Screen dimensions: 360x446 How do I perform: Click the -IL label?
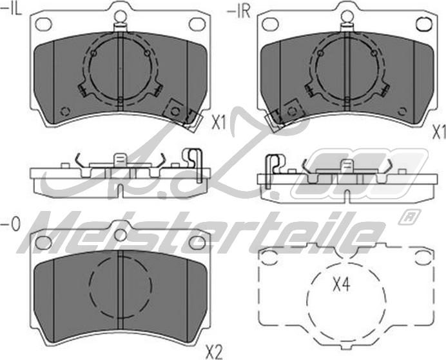(x=12, y=9)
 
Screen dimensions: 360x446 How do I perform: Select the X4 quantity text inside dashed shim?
(x=343, y=285)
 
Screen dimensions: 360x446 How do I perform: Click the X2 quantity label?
(x=213, y=352)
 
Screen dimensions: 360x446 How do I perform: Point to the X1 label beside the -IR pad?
(x=438, y=132)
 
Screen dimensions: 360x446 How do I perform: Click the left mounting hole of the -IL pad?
(x=44, y=24)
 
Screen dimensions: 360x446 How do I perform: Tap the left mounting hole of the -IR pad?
(x=269, y=24)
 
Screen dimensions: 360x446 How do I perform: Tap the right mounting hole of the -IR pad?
(x=423, y=24)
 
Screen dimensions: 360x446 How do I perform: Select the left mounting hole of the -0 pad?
(x=44, y=243)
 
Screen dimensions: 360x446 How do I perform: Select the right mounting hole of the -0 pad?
(x=198, y=243)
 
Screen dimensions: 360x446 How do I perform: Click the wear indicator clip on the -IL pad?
(x=180, y=114)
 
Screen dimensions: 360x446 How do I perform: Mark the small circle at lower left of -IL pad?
(x=64, y=110)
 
